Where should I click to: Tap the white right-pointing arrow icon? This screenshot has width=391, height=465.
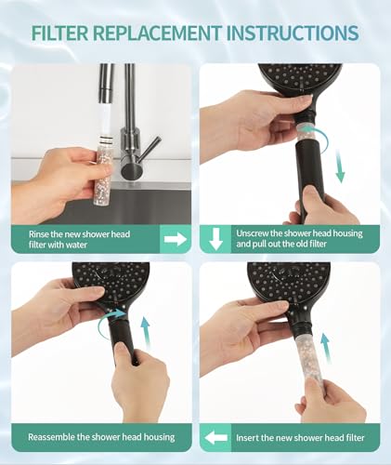click(x=176, y=239)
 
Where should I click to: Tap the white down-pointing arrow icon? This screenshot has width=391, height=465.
click(x=216, y=239)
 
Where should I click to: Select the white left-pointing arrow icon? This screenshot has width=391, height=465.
click(x=216, y=436)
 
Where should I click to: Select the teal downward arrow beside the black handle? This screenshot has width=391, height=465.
click(x=341, y=167)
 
